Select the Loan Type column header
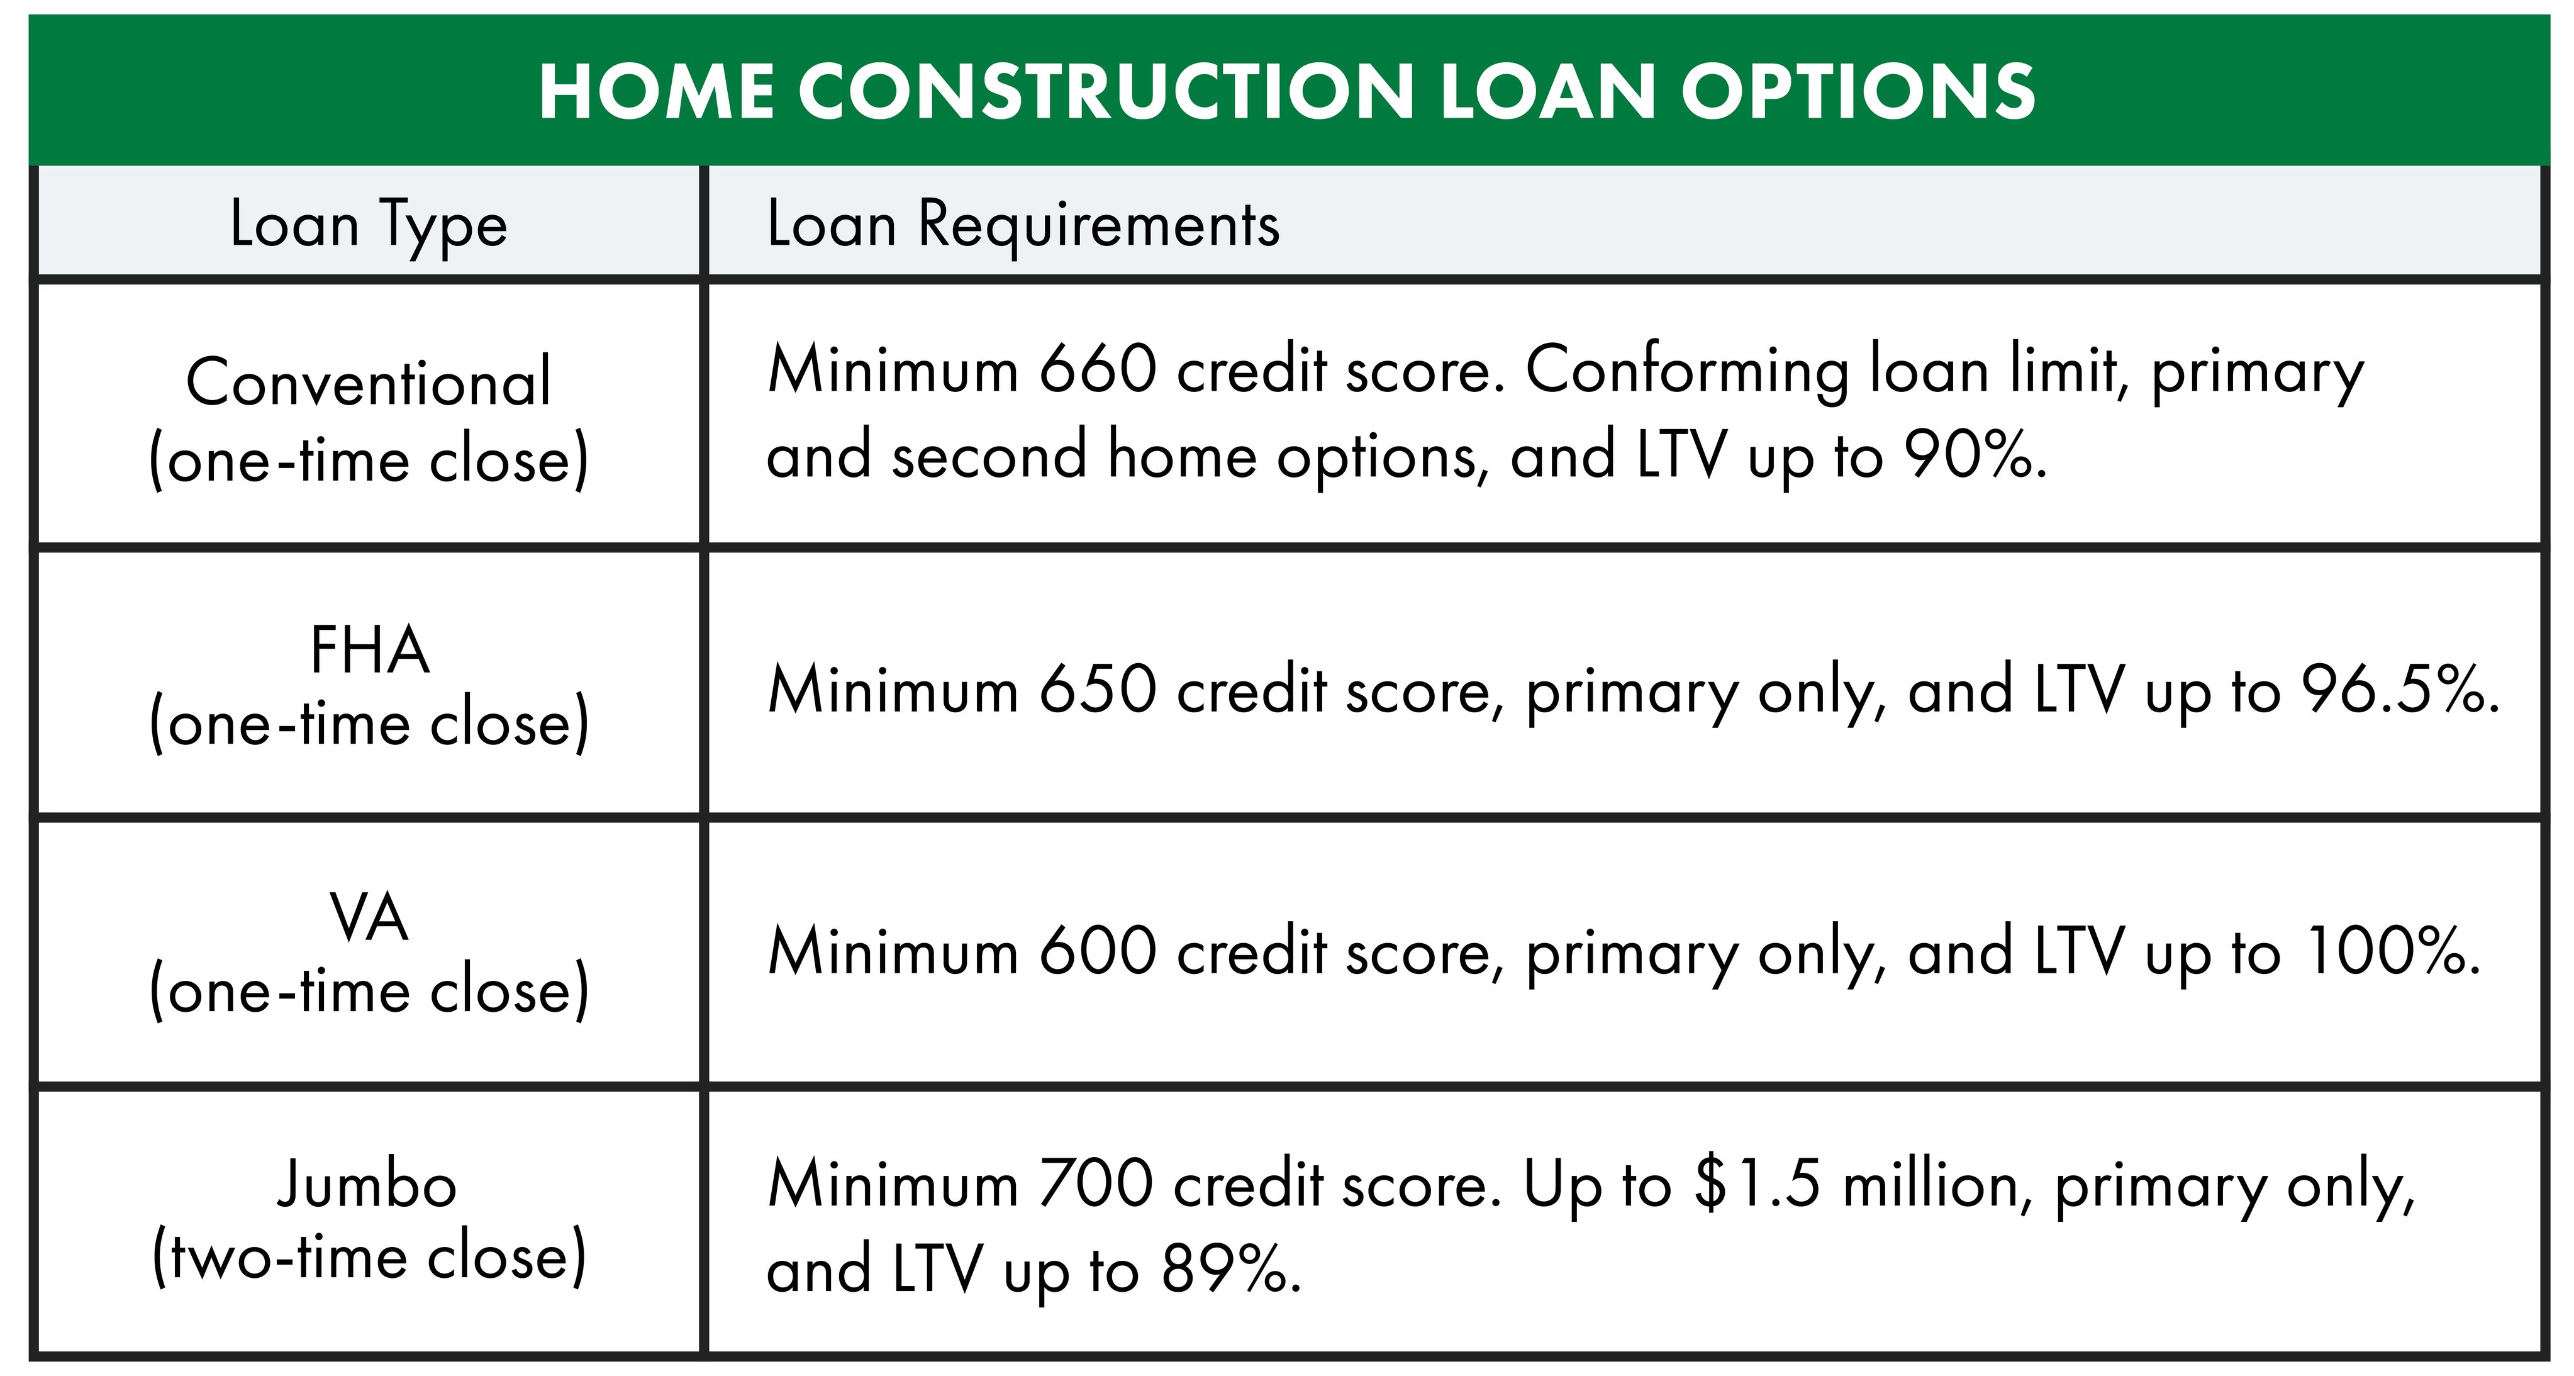[369, 224]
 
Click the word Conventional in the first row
[369, 383]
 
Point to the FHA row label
[369, 651]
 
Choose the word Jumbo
[367, 1186]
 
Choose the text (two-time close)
[369, 1257]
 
